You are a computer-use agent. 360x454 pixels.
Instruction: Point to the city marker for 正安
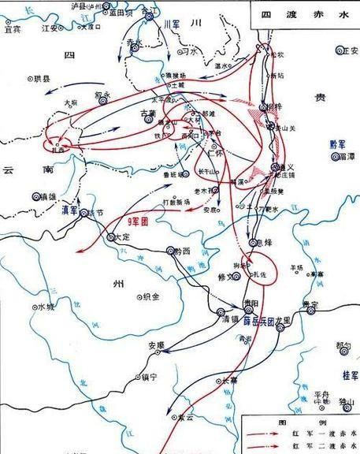[x=336, y=50]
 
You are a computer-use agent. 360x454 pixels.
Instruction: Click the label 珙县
[x=40, y=79]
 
